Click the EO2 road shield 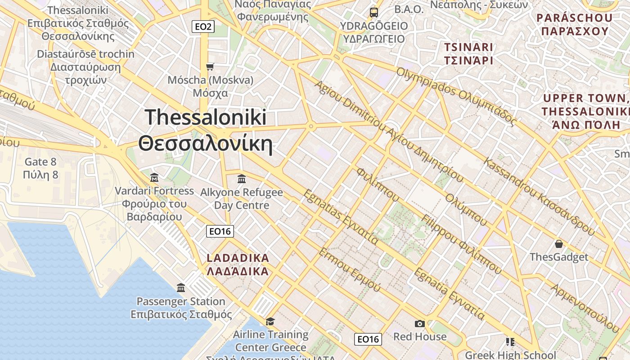(203, 27)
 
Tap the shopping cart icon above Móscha (210, 67)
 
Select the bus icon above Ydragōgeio (373, 12)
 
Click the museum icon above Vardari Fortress (154, 177)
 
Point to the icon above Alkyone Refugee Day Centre (242, 179)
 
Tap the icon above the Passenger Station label (181, 288)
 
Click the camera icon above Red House (419, 324)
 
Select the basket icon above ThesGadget (558, 244)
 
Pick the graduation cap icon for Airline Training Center (270, 321)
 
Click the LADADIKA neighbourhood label (238, 265)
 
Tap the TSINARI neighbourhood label (468, 54)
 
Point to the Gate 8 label (40, 168)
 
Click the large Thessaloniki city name (206, 130)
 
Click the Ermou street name (349, 269)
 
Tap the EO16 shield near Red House (368, 339)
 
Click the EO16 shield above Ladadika (220, 231)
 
